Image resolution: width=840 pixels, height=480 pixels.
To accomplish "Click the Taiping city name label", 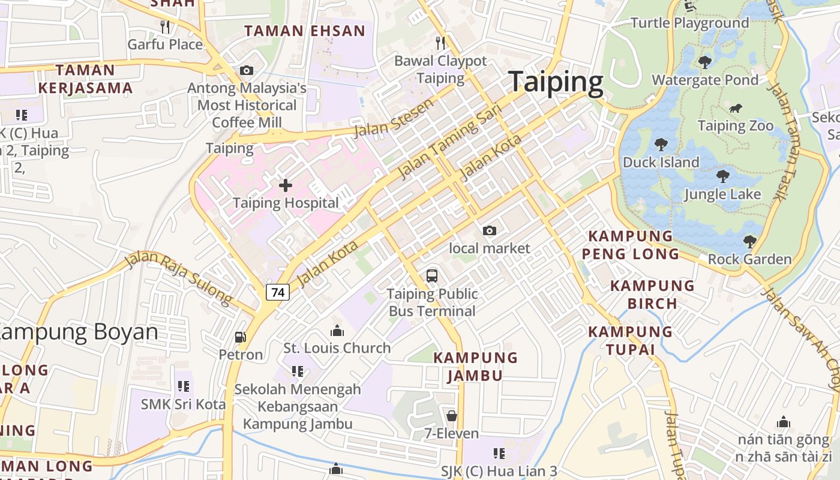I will pos(556,83).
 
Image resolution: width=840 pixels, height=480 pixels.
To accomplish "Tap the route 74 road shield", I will pos(278,292).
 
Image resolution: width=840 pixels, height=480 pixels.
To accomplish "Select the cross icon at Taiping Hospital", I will pos(286,185).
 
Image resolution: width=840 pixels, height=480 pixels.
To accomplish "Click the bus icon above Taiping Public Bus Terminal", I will pos(432,276).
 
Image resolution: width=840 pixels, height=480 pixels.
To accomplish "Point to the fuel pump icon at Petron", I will pos(241,337).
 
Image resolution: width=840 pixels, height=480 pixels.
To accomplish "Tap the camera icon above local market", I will pos(490,230).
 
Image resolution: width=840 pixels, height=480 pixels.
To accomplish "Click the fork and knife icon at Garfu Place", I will pos(165,27).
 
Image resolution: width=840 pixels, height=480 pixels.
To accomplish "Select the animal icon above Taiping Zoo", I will pos(736,109).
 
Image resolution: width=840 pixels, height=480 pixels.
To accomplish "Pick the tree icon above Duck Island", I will pos(661,144).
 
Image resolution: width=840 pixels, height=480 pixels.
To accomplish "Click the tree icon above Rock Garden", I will pos(749,242).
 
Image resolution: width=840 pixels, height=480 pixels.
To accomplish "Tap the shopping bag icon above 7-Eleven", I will pos(452,415).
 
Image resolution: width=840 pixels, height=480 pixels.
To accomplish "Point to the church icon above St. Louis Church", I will pos(337,331).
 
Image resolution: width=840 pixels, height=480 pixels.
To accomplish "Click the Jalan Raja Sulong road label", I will pos(178,278).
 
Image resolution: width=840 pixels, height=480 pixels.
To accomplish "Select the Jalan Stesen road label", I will pos(394,118).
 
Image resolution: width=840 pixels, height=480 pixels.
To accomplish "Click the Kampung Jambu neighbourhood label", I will pos(476,367).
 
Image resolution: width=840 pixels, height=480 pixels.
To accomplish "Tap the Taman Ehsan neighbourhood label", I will pos(305,31).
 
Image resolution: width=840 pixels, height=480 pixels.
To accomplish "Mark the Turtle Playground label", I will pos(689,23).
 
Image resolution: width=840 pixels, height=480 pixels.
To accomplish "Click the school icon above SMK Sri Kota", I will pos(184,386).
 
